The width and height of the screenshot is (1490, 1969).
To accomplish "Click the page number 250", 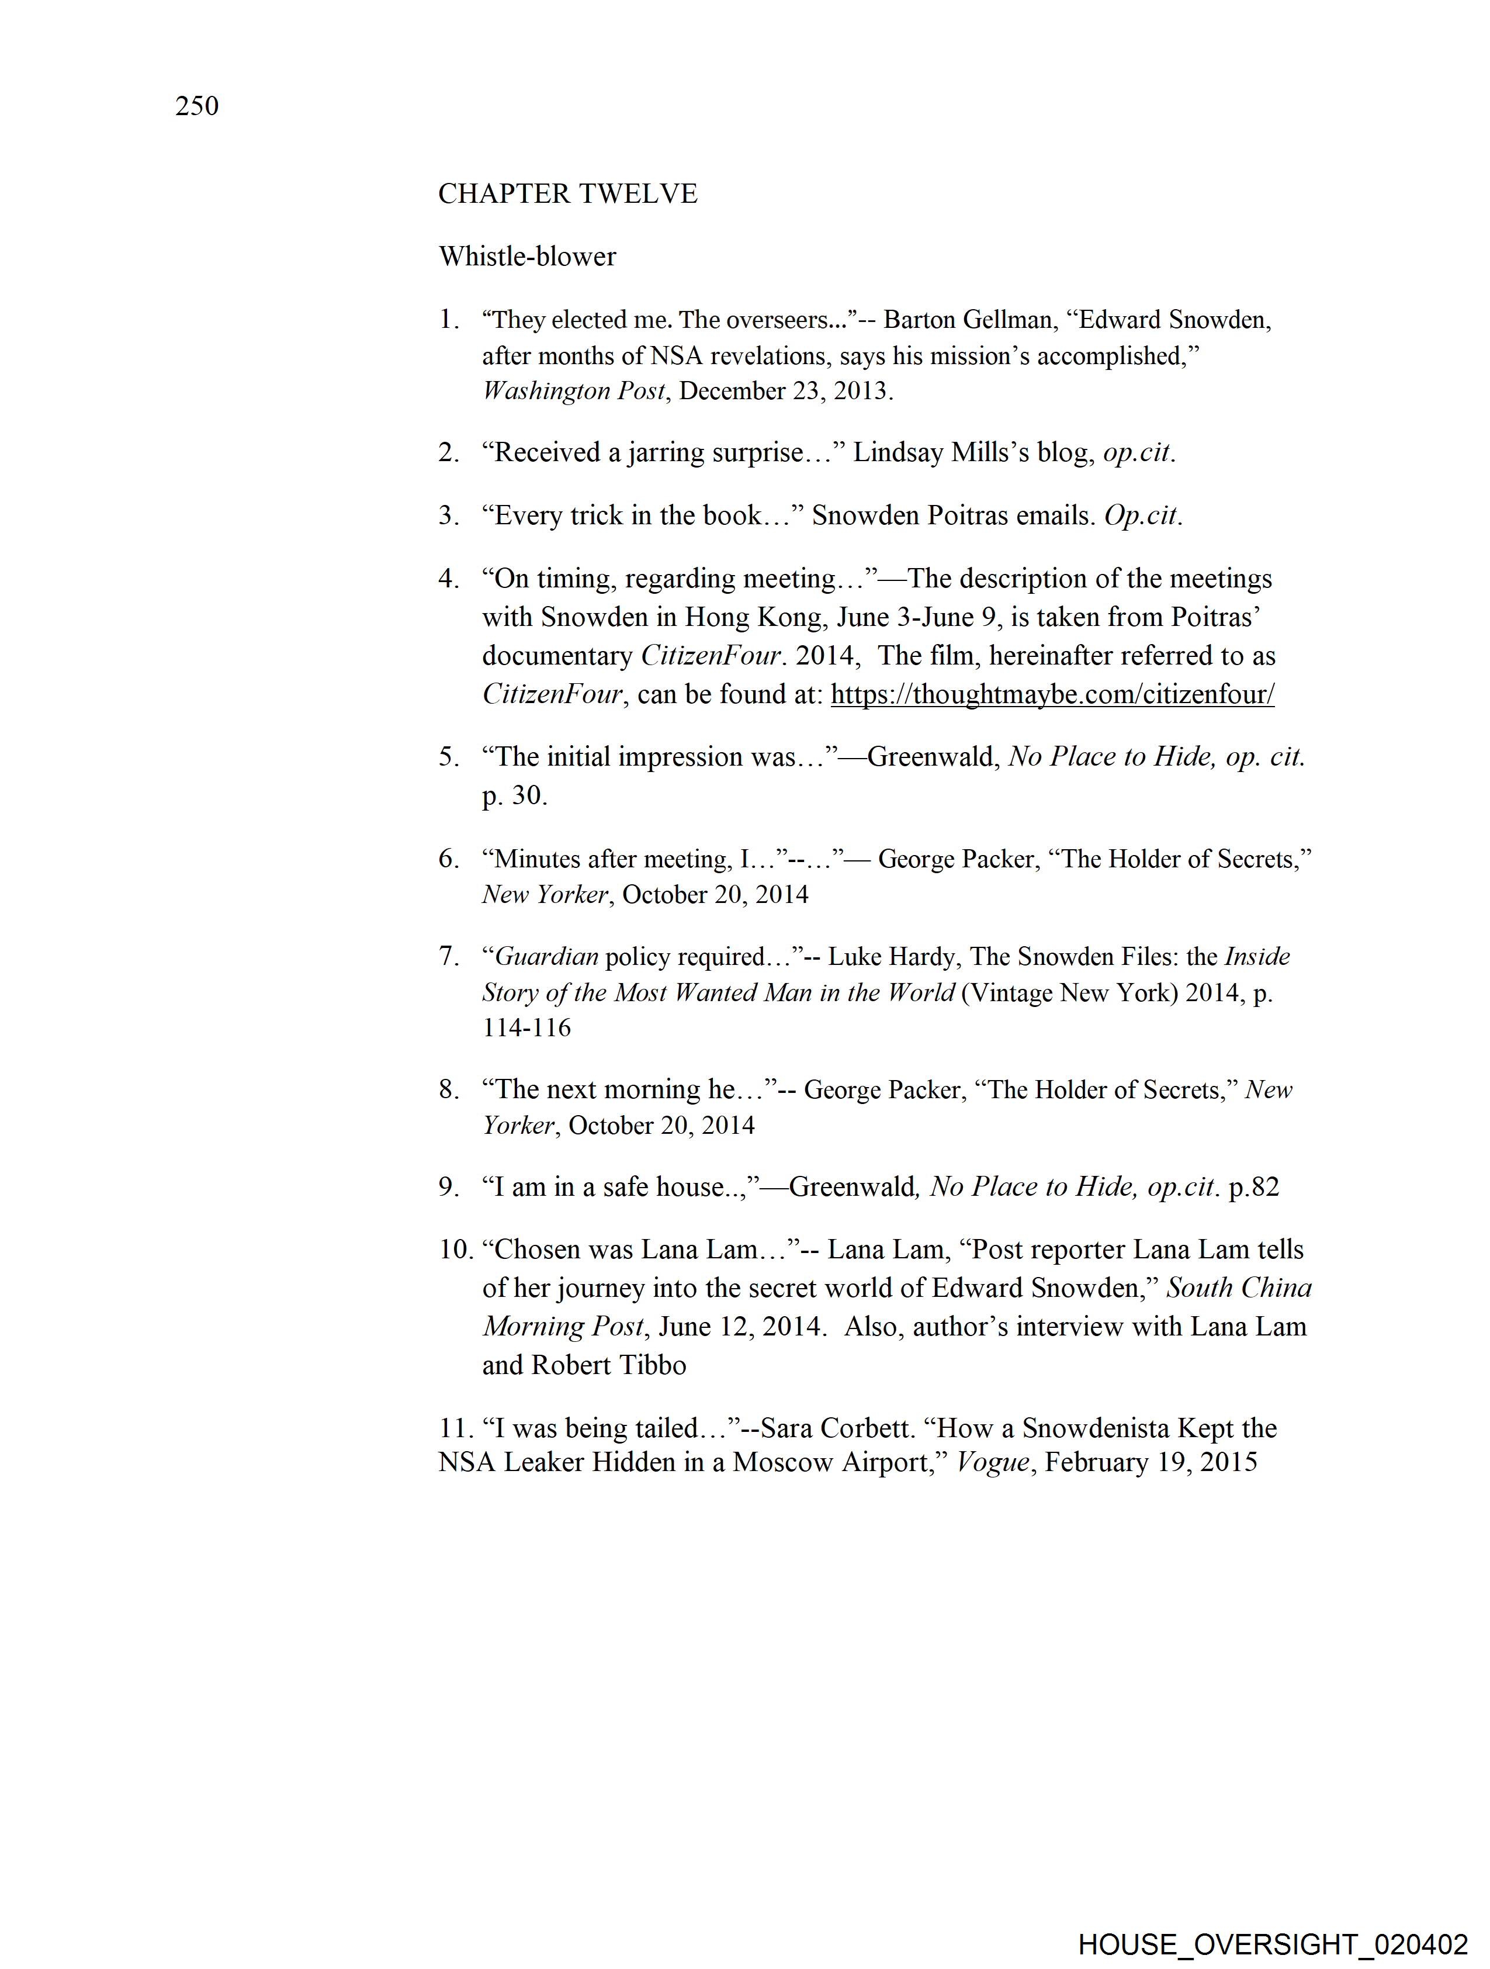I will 197,106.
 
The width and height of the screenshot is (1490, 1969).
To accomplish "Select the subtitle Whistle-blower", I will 527,257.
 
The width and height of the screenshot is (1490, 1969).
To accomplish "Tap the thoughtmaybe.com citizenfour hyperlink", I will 1052,694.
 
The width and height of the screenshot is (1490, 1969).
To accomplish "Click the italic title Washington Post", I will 573,391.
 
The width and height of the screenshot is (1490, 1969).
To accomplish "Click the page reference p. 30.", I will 514,796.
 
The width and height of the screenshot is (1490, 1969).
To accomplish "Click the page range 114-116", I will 526,1028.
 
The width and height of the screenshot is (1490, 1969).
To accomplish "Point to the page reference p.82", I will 1253,1188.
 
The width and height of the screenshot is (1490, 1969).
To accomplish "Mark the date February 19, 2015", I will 1151,1462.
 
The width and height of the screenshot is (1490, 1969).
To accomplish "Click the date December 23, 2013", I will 784,391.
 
